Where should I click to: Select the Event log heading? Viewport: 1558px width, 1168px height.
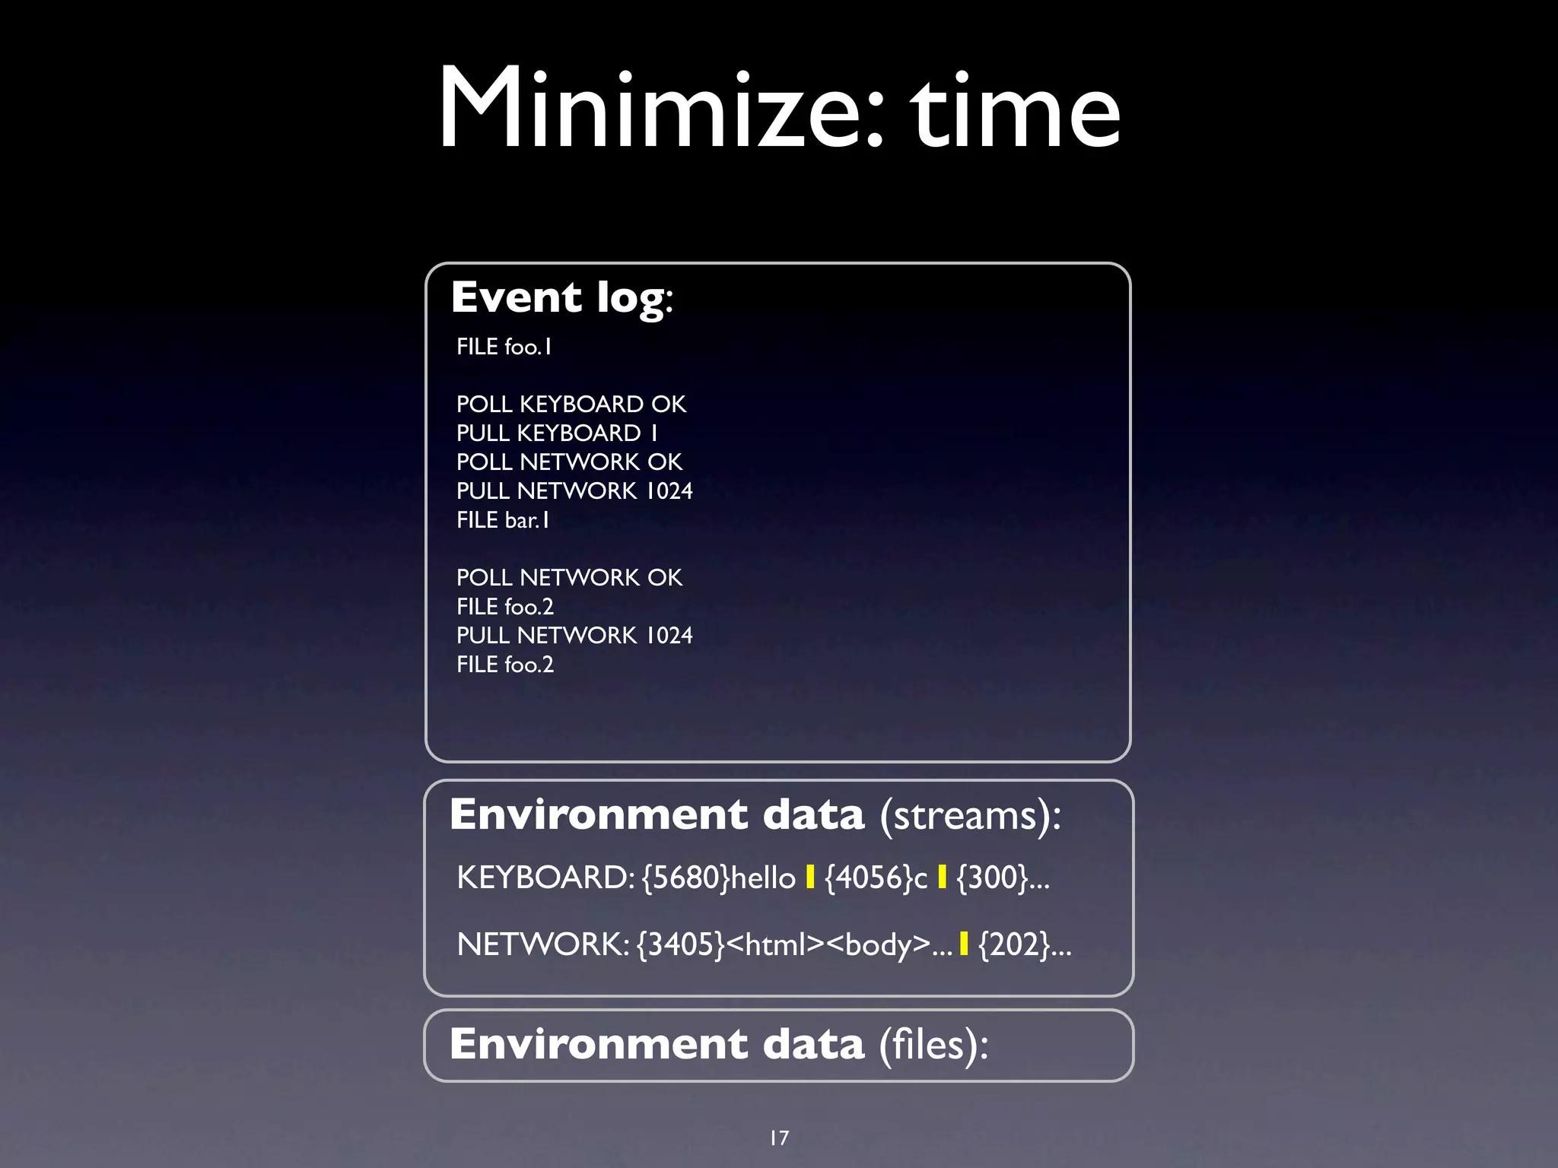click(561, 297)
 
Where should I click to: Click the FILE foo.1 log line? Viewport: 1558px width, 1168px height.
click(504, 347)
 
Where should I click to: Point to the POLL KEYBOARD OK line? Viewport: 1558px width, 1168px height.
click(571, 404)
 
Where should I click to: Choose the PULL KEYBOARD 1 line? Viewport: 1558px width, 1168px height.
click(557, 433)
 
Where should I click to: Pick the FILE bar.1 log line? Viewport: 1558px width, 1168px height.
click(502, 520)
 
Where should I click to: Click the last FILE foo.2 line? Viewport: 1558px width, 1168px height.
click(504, 665)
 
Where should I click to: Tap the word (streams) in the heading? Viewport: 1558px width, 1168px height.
click(969, 816)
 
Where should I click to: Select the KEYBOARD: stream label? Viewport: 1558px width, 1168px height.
click(545, 878)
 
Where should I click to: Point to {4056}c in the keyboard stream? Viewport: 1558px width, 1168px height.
click(876, 878)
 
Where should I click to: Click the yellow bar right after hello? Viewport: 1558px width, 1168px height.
click(810, 878)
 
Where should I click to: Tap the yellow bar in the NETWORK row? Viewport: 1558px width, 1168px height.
click(964, 944)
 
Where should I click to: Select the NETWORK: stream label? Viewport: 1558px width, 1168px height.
click(542, 944)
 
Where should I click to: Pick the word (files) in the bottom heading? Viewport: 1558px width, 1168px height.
click(933, 1045)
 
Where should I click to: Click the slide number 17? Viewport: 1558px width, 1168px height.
click(779, 1138)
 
